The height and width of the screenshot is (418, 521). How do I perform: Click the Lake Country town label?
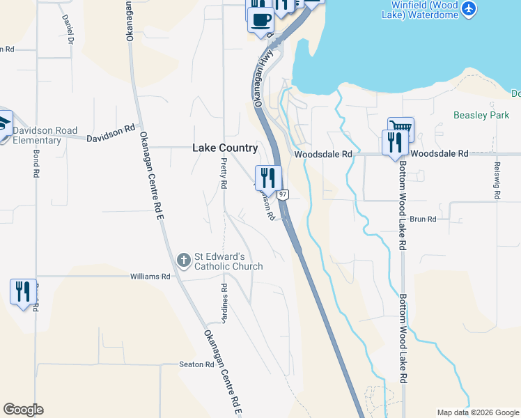click(x=225, y=148)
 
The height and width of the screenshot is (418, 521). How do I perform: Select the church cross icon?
click(x=183, y=261)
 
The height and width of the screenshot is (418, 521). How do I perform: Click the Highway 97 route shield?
click(x=283, y=195)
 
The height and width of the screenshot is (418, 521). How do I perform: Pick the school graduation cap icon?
click(x=3, y=122)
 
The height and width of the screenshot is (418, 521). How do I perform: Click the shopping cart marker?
click(x=401, y=127)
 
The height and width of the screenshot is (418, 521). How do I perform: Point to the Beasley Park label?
click(x=481, y=115)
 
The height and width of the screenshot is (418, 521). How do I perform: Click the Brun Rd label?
click(x=423, y=219)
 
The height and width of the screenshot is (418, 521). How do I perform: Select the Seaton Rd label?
click(x=196, y=364)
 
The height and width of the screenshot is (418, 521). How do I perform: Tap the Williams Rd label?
click(x=150, y=277)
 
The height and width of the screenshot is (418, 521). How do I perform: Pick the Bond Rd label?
click(x=35, y=164)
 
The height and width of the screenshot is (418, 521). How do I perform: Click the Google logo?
click(x=23, y=410)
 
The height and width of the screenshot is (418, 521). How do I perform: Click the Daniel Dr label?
click(x=69, y=29)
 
